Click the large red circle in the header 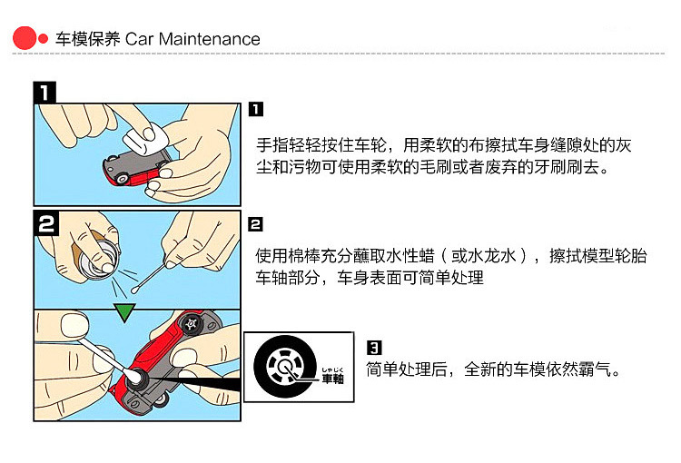pos(25,38)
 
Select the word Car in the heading pos(141,39)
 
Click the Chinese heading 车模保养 pos(88,39)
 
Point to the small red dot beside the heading pos(43,39)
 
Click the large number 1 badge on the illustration pos(45,92)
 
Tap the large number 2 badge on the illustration pos(47,222)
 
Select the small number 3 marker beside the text pos(373,347)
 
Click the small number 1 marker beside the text pos(256,109)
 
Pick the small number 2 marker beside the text pos(256,223)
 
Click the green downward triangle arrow pos(124,312)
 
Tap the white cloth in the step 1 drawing pos(145,136)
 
